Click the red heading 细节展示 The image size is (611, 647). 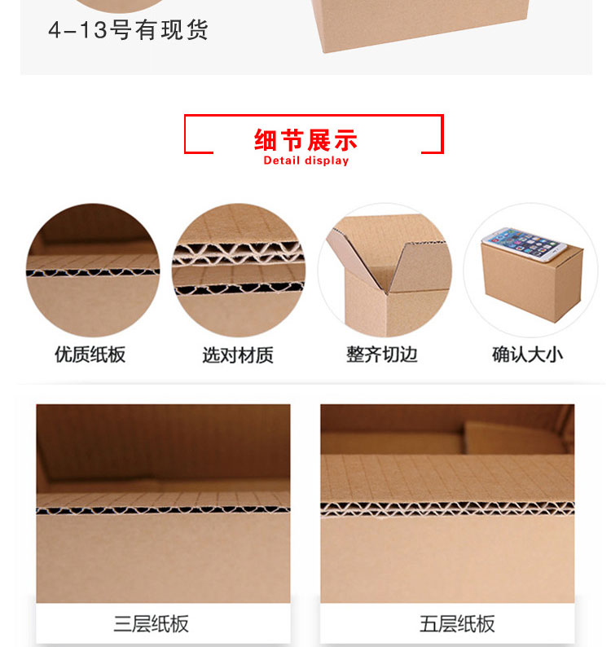tap(305, 140)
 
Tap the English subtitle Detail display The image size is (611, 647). tap(306, 161)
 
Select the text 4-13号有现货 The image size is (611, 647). tap(128, 30)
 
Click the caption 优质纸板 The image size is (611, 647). tap(90, 354)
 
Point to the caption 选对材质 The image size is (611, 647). tap(238, 354)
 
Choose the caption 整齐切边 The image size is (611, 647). tap(382, 354)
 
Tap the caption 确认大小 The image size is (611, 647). tap(528, 354)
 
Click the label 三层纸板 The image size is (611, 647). tap(152, 624)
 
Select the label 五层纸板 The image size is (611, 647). tap(457, 624)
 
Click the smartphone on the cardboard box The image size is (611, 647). tap(524, 244)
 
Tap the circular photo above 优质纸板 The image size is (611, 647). tap(93, 270)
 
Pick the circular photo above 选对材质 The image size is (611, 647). tap(239, 270)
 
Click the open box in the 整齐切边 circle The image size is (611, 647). tap(388, 275)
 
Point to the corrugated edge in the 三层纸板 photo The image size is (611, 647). tap(163, 510)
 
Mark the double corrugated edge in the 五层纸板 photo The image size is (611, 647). tap(447, 509)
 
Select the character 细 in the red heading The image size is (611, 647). tap(266, 140)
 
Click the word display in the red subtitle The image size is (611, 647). tap(327, 161)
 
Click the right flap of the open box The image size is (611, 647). tap(421, 266)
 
